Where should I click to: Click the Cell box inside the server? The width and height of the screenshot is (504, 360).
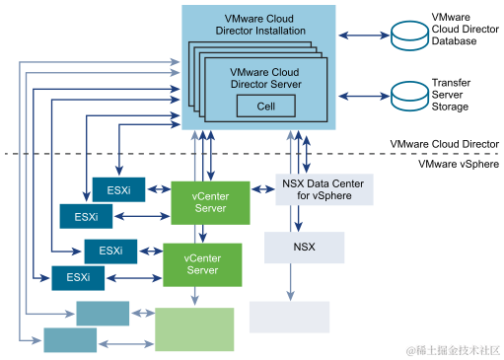pos(265,107)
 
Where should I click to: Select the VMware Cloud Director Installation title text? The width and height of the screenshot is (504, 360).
pos(258,25)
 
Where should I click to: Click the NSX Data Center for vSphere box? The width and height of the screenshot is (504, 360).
pos(324,189)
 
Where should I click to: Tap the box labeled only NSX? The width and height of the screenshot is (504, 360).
pos(304,247)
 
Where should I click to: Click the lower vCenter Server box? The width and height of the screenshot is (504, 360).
pos(202,263)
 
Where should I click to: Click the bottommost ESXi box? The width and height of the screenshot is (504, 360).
pos(79,277)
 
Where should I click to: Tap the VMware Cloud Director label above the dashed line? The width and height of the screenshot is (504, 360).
pos(445,143)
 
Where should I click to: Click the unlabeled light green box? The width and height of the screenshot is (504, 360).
pos(194,328)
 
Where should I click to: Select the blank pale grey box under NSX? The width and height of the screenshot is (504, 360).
pos(289,317)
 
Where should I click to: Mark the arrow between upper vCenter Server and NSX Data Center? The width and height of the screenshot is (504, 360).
pos(257,189)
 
